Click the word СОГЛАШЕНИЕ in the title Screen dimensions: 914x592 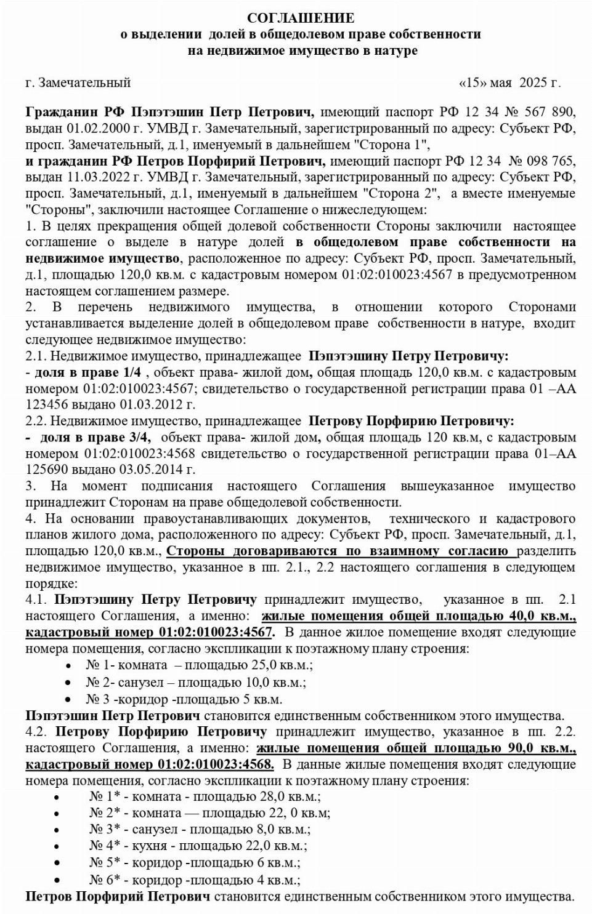pos(301,18)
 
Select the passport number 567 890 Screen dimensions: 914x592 pos(549,113)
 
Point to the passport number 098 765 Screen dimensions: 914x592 pos(549,161)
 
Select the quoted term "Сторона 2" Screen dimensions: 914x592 pos(401,193)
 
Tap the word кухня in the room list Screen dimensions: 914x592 pos(148,846)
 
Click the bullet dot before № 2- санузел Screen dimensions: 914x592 pos(68,683)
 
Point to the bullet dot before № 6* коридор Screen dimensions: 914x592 pos(57,880)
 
